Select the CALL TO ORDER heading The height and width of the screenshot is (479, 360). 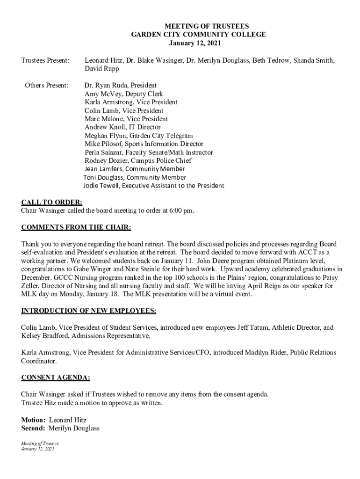52,202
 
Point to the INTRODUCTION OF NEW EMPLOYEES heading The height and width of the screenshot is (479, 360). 89,311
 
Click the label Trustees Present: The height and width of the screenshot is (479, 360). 45,60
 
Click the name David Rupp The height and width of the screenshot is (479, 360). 102,69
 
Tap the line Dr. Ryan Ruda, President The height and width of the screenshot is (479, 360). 121,85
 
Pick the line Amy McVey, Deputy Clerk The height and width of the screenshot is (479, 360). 117,94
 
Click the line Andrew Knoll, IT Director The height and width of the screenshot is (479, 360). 122,127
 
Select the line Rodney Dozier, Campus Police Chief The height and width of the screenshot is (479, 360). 138,161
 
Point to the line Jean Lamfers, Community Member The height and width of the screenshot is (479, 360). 135,169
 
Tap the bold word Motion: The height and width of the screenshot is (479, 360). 33,420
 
